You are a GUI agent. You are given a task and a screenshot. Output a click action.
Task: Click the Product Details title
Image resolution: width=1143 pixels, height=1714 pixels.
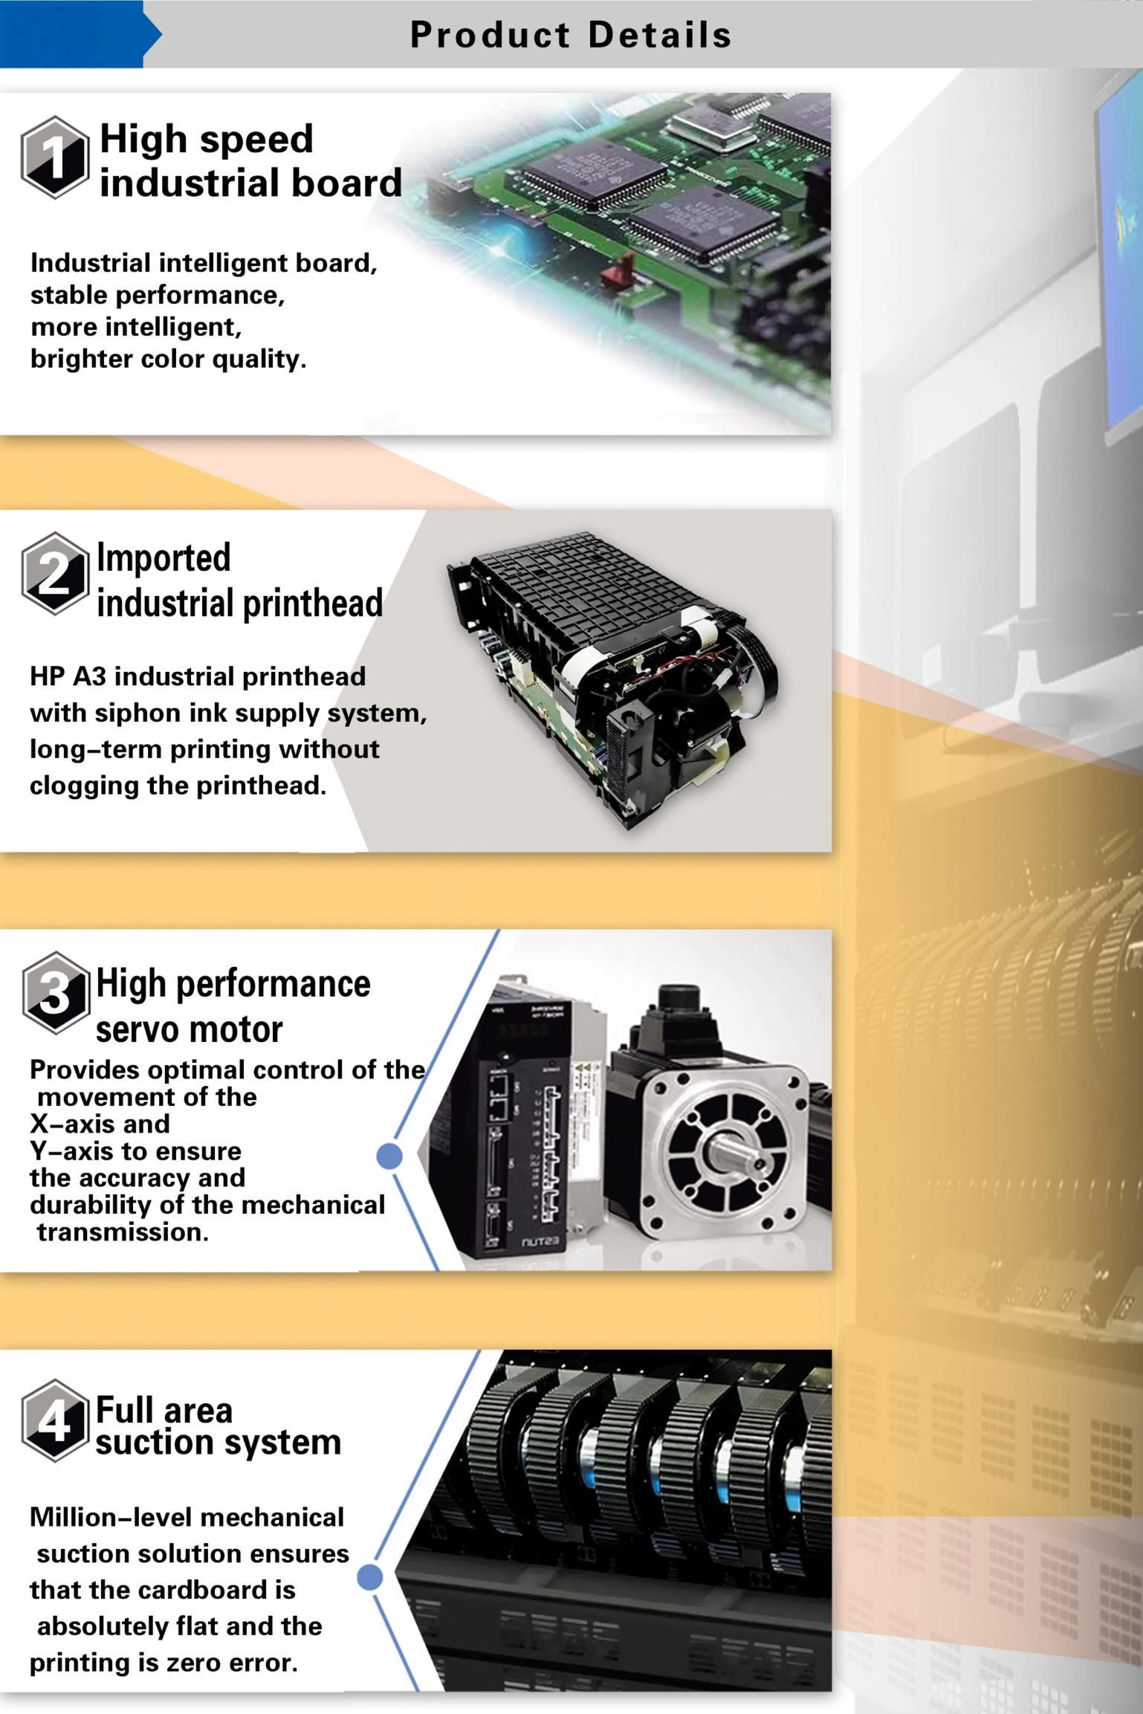[571, 35]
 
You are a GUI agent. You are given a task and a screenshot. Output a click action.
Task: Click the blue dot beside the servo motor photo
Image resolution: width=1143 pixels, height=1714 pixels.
[389, 1156]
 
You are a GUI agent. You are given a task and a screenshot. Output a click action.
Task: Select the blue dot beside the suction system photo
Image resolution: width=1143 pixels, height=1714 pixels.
[370, 1576]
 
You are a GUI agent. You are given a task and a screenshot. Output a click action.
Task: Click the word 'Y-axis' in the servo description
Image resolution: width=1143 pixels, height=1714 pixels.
[68, 1151]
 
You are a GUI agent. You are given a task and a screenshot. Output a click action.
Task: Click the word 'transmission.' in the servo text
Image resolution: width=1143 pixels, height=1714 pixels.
[123, 1232]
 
